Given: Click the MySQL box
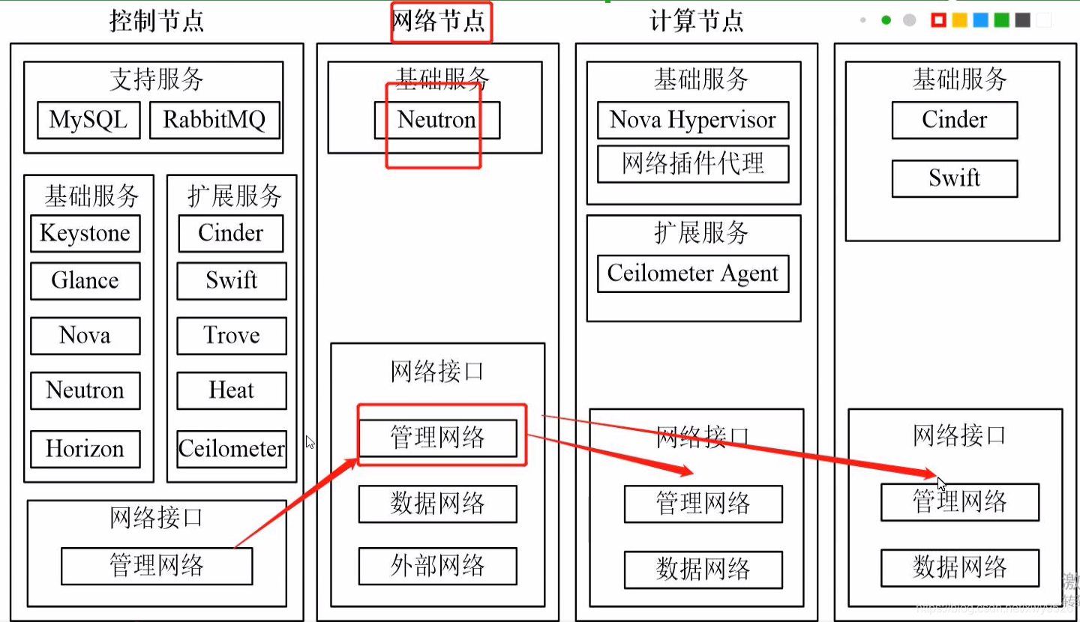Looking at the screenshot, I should coord(88,121).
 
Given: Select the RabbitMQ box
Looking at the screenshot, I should coord(214,121).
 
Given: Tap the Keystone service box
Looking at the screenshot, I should coord(85,234).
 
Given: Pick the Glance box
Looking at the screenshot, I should coord(85,281).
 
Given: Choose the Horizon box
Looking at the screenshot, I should coord(85,449).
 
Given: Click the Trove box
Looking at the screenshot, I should coord(232,336).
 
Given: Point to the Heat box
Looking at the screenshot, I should coord(232,390).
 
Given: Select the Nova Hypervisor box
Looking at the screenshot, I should coord(693,121).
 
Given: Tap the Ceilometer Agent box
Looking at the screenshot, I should coord(693,274).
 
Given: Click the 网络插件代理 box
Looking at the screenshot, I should coord(693,164).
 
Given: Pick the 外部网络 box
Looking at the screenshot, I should coord(437,567).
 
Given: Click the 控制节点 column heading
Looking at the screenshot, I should coord(157,21).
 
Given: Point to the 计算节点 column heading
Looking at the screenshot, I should coord(697,21).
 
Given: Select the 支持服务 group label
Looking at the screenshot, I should coord(156,79).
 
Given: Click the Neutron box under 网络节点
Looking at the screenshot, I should coord(437,120).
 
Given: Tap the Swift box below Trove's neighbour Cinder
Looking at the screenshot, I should coord(232,281).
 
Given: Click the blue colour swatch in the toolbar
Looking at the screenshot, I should coord(980,20).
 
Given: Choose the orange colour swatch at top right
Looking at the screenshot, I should coord(959,20).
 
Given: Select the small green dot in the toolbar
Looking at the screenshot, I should coord(886,20).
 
